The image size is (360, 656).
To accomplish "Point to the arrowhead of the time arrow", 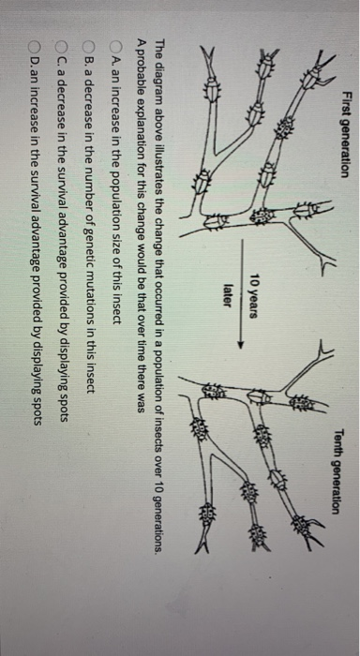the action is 240,345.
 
